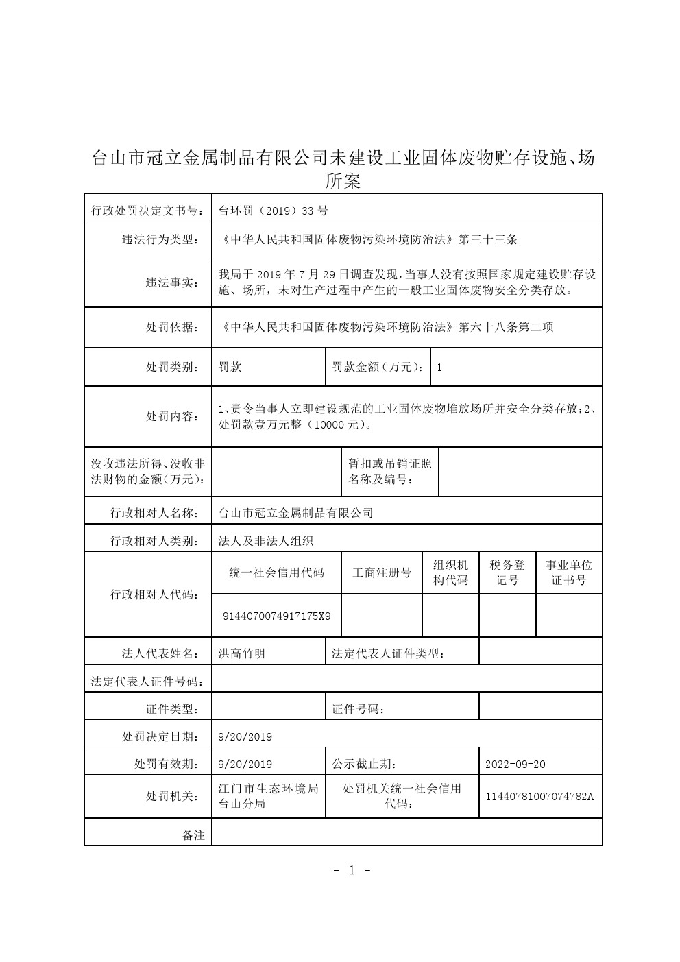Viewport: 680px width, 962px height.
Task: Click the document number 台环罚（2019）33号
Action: [x=273, y=211]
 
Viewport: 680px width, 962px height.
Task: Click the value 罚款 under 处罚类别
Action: [x=230, y=367]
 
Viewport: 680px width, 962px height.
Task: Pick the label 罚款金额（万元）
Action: [x=378, y=367]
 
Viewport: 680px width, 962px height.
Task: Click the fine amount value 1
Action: [x=439, y=368]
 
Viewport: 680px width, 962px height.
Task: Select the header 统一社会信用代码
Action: [x=277, y=573]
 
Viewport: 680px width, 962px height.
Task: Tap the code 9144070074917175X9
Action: [x=277, y=616]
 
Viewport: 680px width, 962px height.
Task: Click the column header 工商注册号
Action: [x=382, y=573]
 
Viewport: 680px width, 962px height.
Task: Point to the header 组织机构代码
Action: [x=451, y=573]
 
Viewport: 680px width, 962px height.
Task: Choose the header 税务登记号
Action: [x=507, y=573]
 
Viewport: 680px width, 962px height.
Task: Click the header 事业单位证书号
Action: [x=569, y=573]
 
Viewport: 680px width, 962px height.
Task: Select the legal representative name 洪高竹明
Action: [x=241, y=653]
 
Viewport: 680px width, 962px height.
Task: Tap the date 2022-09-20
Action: [x=515, y=764]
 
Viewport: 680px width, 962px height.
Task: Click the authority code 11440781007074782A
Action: [x=539, y=797]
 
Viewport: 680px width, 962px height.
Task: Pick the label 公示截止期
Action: [x=364, y=764]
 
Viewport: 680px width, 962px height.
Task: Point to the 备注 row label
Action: [x=193, y=835]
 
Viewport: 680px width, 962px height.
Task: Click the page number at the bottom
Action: [x=352, y=871]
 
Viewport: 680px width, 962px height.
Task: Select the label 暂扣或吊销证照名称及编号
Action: [x=390, y=471]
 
